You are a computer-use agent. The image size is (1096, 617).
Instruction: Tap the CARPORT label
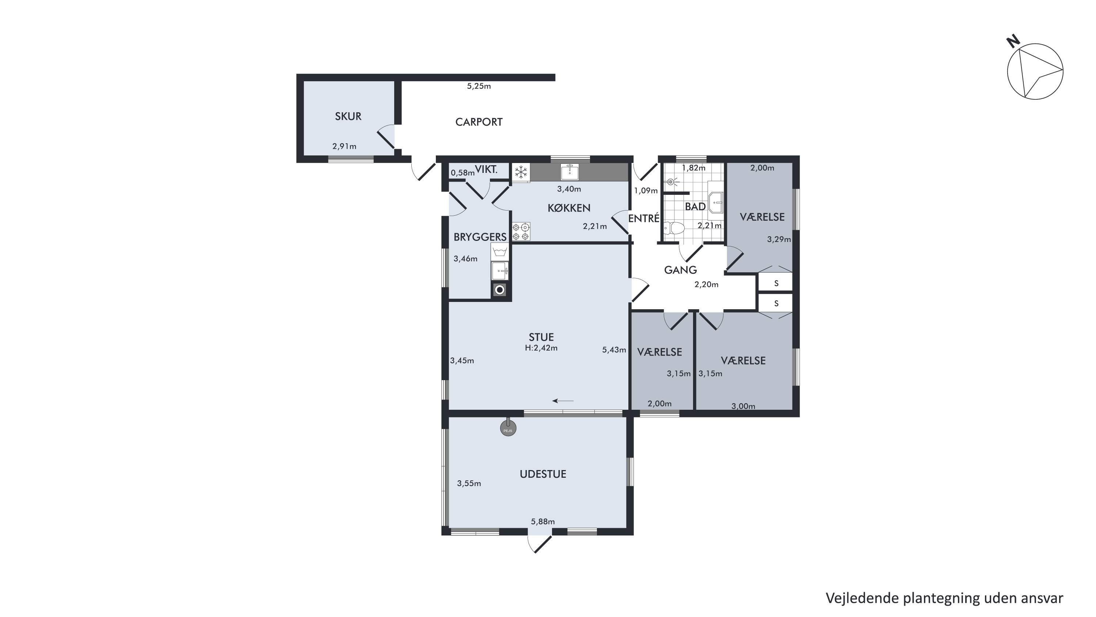click(x=479, y=122)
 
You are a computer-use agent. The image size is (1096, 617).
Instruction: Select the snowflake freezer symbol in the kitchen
click(x=521, y=173)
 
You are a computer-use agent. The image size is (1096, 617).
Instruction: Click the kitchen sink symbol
click(x=569, y=171)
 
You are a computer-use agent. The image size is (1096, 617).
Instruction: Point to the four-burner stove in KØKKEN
click(x=521, y=232)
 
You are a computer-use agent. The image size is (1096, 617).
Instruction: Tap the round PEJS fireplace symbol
click(x=507, y=428)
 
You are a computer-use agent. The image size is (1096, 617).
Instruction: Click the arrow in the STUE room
click(x=563, y=401)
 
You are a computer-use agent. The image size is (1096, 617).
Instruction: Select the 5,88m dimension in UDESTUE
click(x=543, y=522)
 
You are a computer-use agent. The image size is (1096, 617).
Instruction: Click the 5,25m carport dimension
click(x=479, y=86)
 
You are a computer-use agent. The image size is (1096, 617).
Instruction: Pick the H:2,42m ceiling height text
click(x=541, y=348)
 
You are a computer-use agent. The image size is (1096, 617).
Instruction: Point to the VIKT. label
click(x=486, y=170)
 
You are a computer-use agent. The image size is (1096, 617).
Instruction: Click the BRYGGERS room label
click(x=480, y=237)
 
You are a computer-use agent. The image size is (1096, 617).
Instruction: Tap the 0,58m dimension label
click(x=463, y=173)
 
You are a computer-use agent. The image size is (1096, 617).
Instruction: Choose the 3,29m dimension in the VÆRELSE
click(x=779, y=240)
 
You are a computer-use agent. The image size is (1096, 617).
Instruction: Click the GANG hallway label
click(x=680, y=270)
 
